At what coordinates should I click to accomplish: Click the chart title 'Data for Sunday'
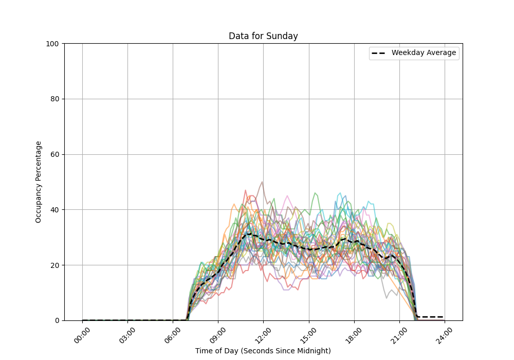tap(263, 36)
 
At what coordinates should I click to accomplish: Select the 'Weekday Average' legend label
tap(424, 53)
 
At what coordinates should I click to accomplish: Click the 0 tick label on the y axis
tap(58, 320)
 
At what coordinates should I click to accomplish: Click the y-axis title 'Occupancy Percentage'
tap(39, 182)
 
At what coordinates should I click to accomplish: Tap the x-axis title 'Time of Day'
tap(263, 351)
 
